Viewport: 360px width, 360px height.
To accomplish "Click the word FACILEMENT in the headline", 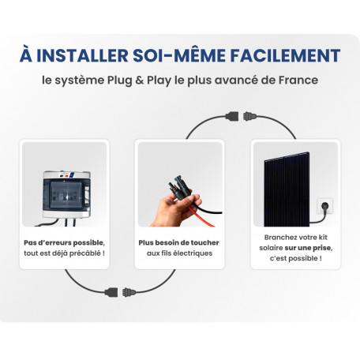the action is (x=285, y=55).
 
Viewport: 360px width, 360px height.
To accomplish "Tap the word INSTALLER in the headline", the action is (x=82, y=55).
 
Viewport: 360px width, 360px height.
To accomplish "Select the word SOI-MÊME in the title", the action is (x=179, y=55).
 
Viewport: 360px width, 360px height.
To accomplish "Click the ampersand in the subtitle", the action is (x=140, y=81).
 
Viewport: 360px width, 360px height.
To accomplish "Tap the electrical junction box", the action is (x=66, y=195).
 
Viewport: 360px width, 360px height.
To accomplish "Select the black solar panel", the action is (x=287, y=189).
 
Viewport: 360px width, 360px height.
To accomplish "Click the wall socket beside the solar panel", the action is (x=324, y=206).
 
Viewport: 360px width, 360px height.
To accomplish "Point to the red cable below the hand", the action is (x=201, y=217).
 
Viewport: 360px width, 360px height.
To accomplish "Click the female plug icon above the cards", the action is (x=232, y=116).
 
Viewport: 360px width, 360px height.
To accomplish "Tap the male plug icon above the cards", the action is (x=249, y=116).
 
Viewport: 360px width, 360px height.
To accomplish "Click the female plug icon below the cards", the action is (x=111, y=292).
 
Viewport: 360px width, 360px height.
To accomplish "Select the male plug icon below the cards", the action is (x=129, y=292).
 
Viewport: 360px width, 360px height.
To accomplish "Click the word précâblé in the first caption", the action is (x=87, y=253).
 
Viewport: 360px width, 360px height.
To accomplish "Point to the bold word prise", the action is (x=322, y=248).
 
